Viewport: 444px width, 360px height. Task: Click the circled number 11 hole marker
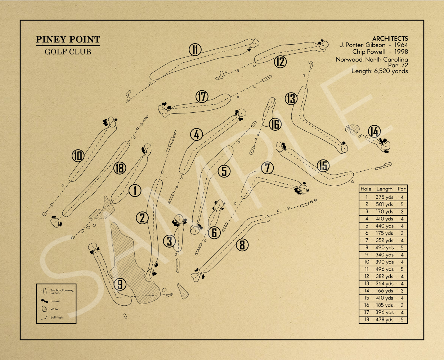coord(195,49)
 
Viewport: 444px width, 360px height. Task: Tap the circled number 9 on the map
coord(120,284)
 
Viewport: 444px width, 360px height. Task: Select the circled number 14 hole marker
coord(374,131)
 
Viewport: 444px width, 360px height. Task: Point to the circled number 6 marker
coord(214,233)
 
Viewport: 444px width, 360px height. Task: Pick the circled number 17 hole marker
coord(202,96)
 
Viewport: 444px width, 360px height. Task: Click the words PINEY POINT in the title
coord(68,40)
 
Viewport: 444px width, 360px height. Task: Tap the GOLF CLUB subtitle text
coord(68,52)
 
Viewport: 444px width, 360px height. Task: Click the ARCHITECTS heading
coord(390,39)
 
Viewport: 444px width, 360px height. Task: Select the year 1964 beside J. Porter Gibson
coord(401,45)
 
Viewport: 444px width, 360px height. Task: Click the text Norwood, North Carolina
coord(372,59)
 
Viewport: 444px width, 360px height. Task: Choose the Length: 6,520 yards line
coord(380,71)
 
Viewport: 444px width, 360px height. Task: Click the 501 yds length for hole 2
coord(384,204)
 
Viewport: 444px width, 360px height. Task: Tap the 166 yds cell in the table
coord(384,291)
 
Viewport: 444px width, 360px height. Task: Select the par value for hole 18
coord(402,320)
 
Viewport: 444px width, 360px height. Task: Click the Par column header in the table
coord(402,189)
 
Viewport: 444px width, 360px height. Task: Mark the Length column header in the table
coord(384,189)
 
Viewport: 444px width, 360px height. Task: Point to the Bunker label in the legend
coord(55,301)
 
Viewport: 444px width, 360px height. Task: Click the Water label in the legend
coord(55,309)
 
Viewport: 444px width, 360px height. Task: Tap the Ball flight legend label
coord(57,318)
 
